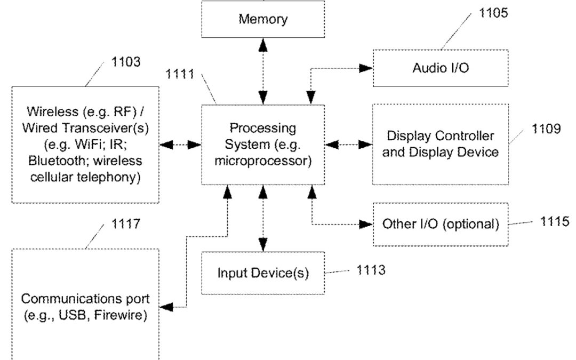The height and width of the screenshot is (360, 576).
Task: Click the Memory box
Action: click(263, 20)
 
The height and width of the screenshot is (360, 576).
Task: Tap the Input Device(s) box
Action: click(263, 273)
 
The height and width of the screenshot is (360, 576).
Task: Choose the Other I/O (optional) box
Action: click(441, 224)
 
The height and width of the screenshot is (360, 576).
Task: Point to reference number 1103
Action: click(126, 63)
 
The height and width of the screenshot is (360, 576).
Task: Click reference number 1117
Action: click(126, 224)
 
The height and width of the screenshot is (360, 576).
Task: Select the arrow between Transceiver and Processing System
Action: click(180, 145)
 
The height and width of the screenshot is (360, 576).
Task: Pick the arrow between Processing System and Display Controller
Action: click(348, 145)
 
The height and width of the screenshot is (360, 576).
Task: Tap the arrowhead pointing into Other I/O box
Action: click(366, 225)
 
